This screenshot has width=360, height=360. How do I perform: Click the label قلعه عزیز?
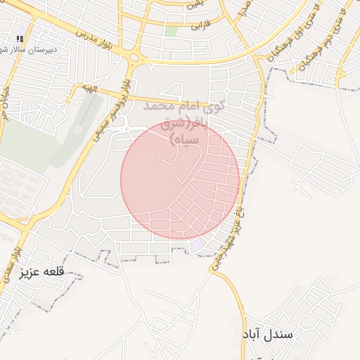[43, 271]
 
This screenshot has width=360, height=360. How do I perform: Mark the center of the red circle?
[180, 179]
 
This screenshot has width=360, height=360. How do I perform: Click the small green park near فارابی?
[172, 31]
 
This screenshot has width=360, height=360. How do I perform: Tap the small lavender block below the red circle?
[200, 243]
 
